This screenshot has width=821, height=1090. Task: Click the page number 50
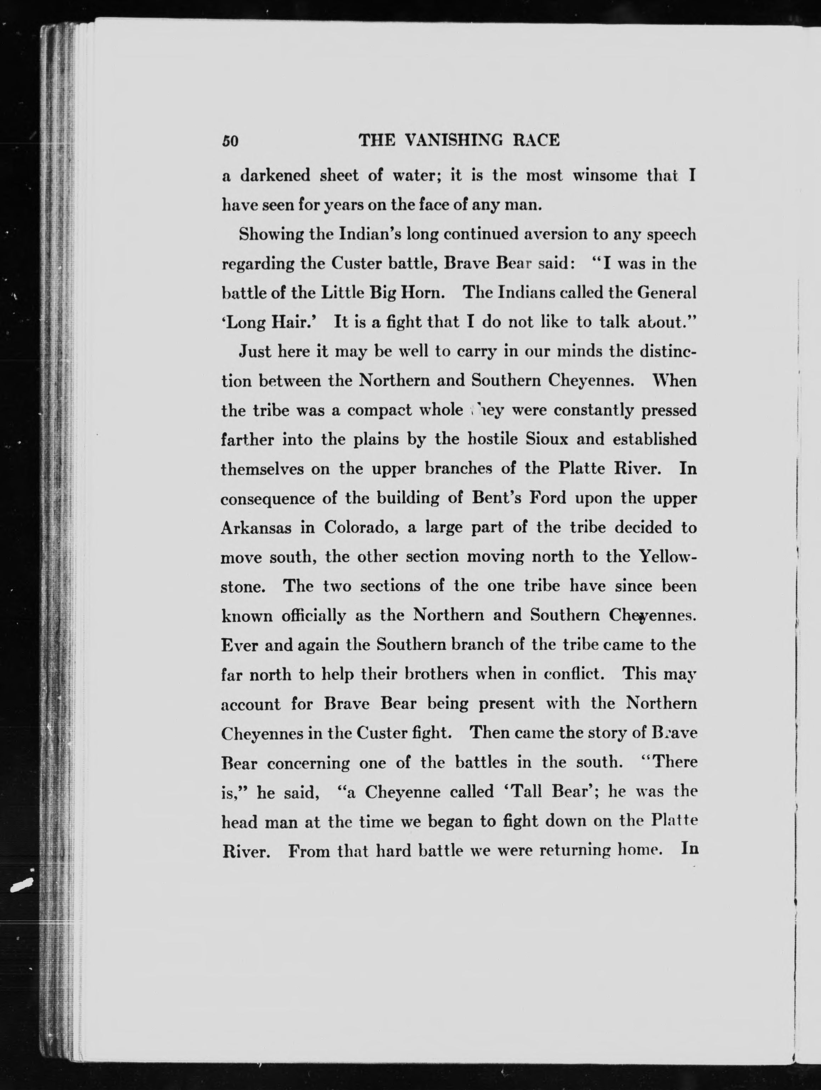230,141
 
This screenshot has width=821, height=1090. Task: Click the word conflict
574,674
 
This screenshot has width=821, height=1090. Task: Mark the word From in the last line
309,851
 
